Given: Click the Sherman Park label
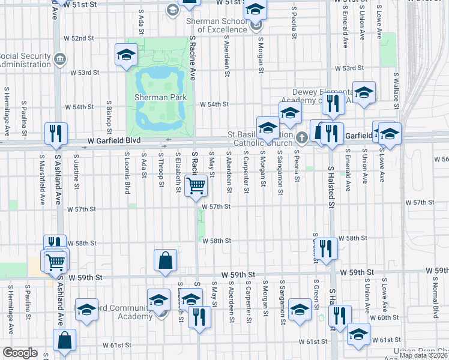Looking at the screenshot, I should tap(160, 97).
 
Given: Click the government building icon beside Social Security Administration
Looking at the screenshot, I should tap(60, 59).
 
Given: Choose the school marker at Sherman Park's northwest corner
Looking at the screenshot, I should tap(127, 56).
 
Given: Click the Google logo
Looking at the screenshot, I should tap(20, 353).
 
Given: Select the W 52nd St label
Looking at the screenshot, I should tap(83, 38).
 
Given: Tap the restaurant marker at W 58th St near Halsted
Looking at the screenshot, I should tap(325, 247).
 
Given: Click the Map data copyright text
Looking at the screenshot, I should tap(423, 355).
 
